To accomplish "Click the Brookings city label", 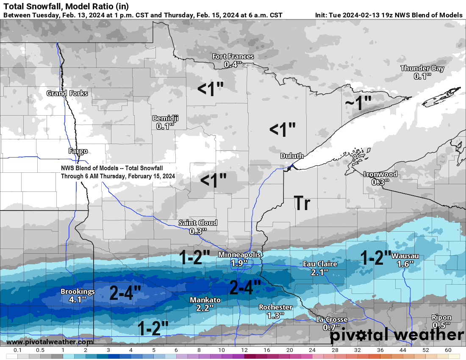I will (78, 291).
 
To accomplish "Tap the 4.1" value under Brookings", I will (78, 299).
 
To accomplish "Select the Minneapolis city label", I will (240, 255).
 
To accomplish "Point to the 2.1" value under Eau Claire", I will (320, 272).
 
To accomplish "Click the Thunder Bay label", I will (422, 68).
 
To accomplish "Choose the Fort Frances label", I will (233, 56).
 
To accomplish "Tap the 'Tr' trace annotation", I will (302, 204).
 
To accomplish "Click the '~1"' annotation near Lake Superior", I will (358, 103).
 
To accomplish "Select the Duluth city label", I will (292, 156).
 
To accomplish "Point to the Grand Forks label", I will (67, 93).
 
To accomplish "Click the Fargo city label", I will (78, 151).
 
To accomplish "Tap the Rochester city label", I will (276, 307).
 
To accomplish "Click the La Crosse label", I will (332, 319).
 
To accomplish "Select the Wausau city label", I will (405, 256).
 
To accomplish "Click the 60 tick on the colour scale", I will (448, 350).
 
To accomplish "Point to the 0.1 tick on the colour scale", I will (18, 350).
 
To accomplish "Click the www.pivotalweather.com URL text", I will (50, 342).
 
